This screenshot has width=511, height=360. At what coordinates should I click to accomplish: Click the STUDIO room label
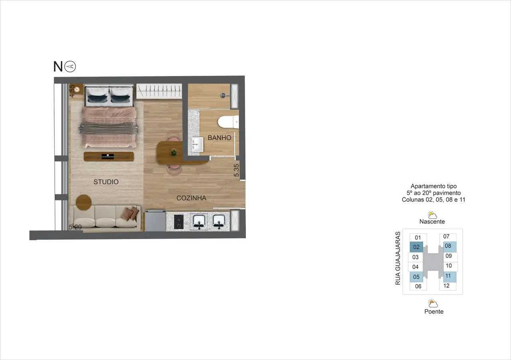106,182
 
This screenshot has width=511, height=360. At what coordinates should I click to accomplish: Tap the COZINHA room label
191,198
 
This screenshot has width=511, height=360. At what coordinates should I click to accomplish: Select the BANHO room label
219,138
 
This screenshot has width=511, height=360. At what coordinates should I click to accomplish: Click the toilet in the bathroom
229,122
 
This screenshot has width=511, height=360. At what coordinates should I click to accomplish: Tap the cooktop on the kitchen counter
178,222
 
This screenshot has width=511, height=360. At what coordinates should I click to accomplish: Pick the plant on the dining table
174,152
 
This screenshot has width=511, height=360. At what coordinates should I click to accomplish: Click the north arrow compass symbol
70,66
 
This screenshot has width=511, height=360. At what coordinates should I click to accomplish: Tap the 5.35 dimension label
236,170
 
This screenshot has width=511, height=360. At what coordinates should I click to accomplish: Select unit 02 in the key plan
416,247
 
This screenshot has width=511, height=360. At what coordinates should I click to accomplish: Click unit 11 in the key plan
448,276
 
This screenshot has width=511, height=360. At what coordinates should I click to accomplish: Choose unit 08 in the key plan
448,246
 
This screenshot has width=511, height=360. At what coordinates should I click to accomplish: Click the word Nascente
432,222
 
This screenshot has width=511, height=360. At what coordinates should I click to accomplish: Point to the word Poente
434,311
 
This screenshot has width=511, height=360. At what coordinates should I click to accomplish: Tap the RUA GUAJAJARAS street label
398,258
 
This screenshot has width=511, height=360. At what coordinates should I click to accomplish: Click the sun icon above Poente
433,303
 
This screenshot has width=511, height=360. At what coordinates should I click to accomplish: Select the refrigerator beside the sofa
155,221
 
